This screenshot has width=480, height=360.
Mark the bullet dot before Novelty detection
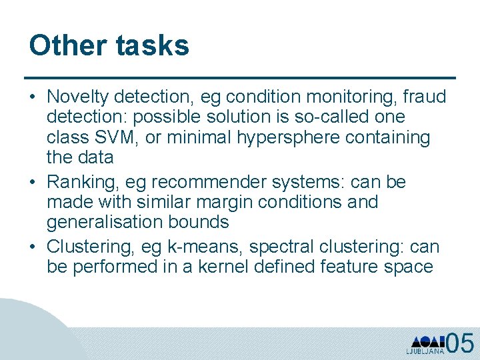coord(33,98)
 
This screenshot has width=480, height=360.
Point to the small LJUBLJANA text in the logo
coord(425,351)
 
